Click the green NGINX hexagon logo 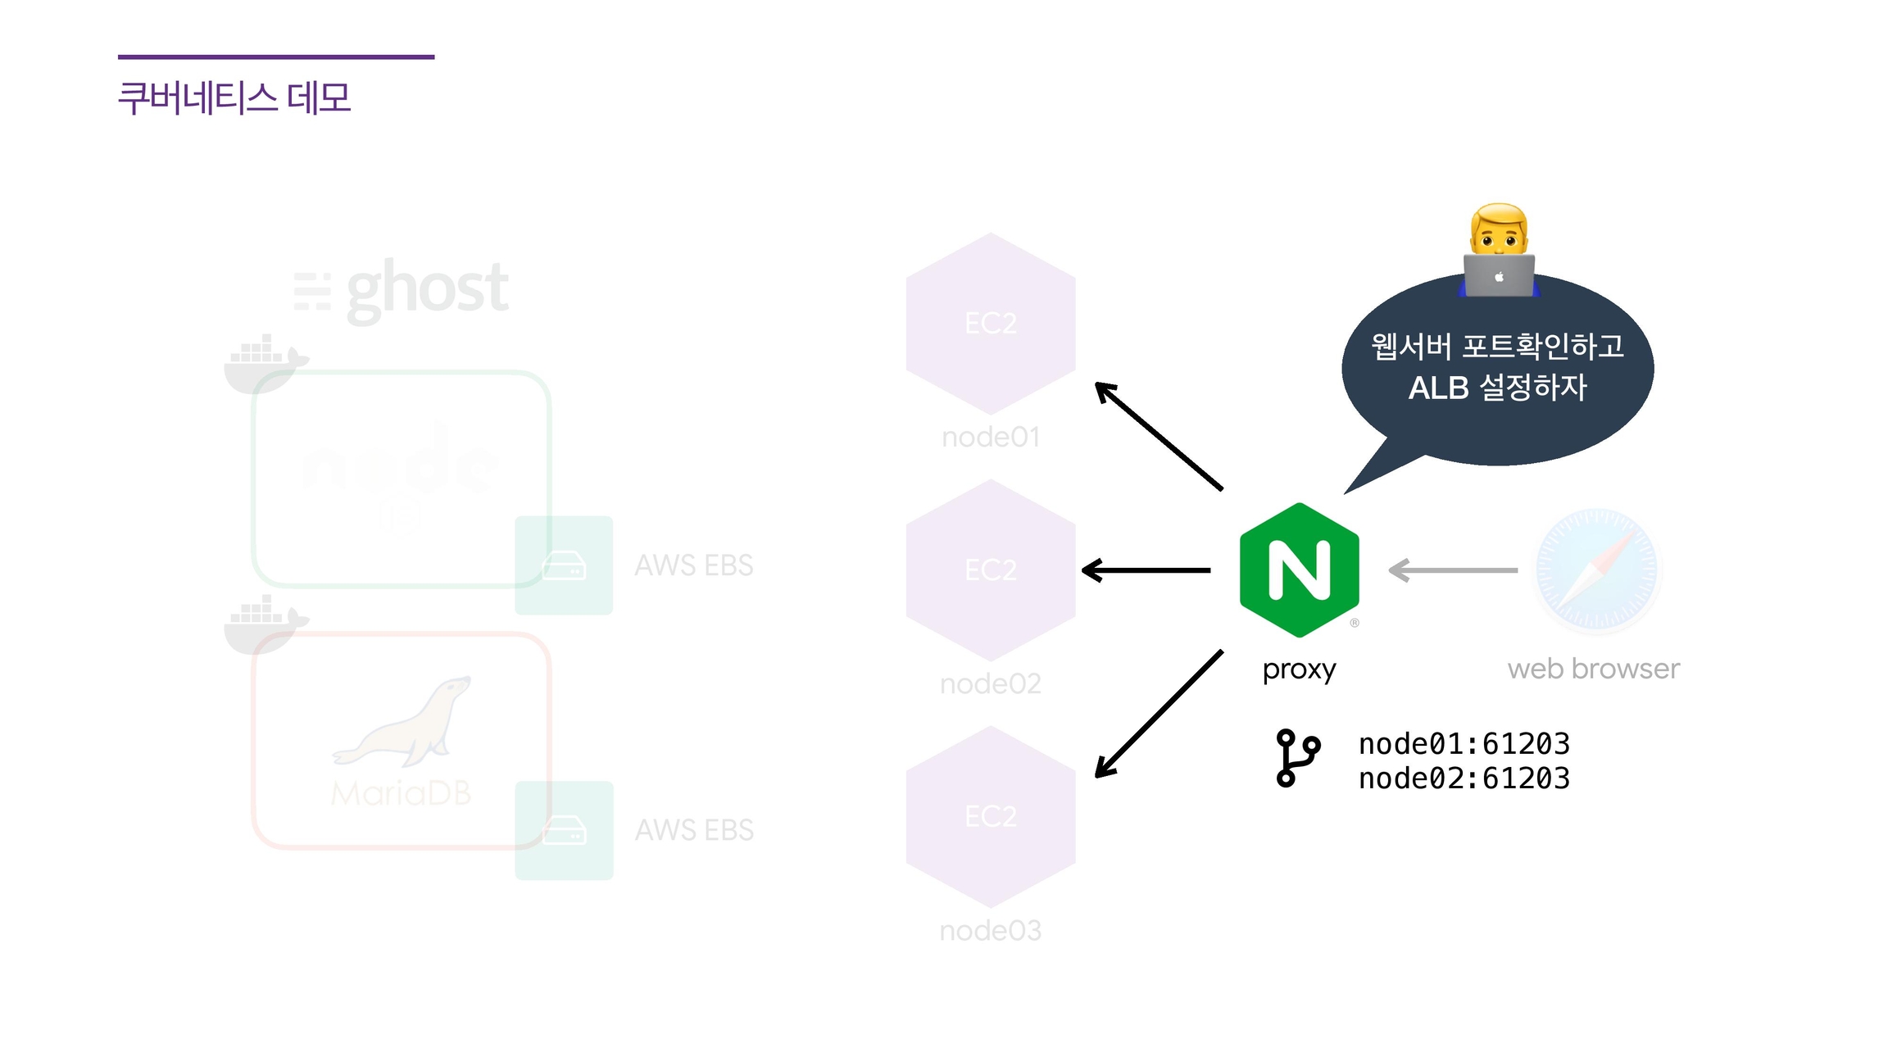[1299, 570]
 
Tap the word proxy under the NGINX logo [1299, 669]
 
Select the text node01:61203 [1464, 744]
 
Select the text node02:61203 [1464, 778]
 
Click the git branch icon [1297, 758]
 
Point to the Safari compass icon [1596, 570]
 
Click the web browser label [1593, 669]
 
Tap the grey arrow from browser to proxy [1452, 570]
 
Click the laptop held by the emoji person [1499, 275]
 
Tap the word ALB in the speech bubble [1438, 388]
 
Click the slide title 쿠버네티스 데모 [234, 98]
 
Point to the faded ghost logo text [426, 288]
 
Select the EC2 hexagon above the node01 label [990, 323]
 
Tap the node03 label [990, 931]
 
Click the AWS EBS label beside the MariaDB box [694, 830]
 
